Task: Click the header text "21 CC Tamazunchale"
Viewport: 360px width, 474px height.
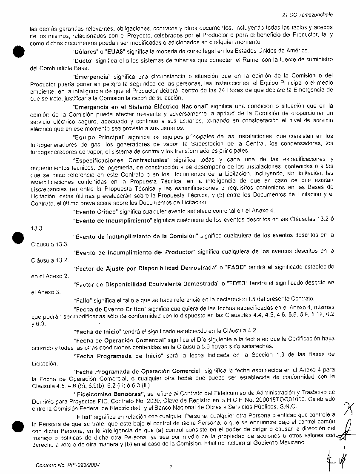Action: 311,14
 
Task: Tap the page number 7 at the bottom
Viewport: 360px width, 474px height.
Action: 171,467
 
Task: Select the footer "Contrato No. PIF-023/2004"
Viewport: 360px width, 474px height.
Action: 68,465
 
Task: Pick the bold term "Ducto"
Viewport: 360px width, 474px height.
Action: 83,61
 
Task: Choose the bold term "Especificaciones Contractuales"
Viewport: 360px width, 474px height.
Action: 121,160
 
